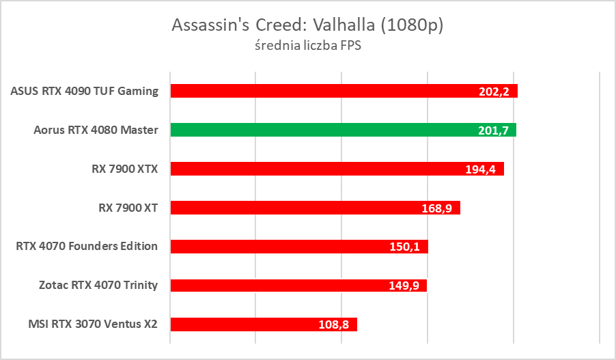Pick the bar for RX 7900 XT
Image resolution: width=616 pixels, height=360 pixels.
(315, 207)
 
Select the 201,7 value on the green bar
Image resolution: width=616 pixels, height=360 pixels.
(494, 130)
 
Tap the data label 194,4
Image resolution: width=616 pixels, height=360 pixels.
(481, 169)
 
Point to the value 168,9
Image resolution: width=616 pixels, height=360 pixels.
(437, 208)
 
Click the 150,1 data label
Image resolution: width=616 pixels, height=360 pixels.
(405, 247)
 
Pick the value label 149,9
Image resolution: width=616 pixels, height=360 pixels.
(404, 286)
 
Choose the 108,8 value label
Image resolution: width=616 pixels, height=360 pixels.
(334, 324)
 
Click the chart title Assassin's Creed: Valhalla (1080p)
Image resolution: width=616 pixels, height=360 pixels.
(308, 25)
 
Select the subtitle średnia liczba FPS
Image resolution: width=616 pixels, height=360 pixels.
(308, 46)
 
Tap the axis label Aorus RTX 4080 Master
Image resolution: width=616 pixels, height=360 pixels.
(96, 130)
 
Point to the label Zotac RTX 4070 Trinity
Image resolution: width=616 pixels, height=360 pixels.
(98, 285)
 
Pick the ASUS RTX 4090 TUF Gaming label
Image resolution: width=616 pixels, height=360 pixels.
(85, 91)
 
